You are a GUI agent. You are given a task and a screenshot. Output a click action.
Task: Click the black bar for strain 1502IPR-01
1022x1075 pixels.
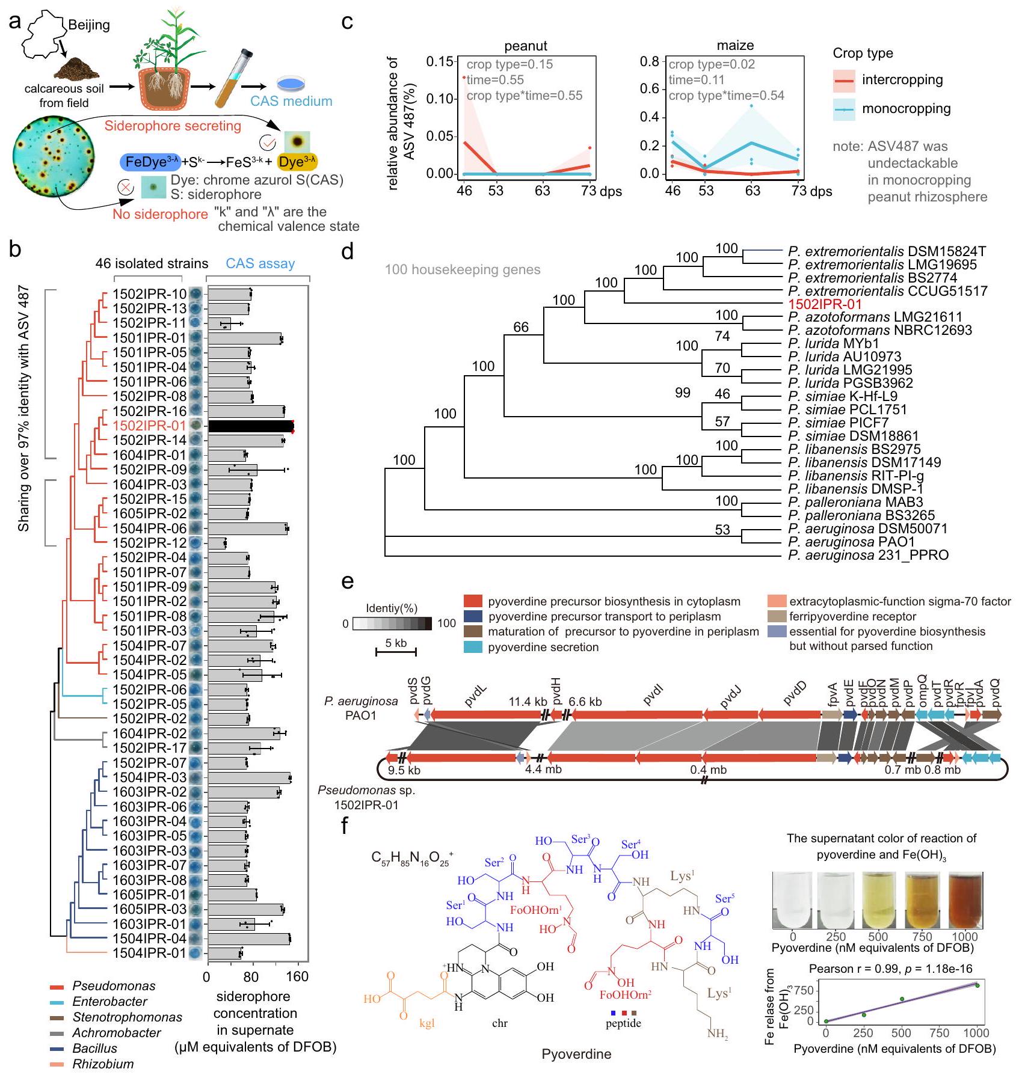tap(250, 426)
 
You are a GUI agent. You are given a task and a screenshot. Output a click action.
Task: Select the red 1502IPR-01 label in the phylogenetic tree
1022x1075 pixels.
tap(825, 304)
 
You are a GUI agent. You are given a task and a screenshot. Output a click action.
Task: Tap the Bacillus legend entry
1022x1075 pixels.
tap(94, 1048)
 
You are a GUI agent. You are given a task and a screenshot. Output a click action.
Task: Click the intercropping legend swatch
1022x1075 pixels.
tap(843, 80)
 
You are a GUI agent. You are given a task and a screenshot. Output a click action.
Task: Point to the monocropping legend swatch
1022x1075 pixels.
tap(843, 109)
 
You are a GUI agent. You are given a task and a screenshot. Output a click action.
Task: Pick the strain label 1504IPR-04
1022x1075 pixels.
tap(149, 939)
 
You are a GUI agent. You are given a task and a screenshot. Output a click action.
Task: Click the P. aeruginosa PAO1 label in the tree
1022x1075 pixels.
tap(851, 542)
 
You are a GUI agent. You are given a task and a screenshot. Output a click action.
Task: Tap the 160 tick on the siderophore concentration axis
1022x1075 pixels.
tap(298, 976)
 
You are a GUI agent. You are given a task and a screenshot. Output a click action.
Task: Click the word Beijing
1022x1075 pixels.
tap(89, 25)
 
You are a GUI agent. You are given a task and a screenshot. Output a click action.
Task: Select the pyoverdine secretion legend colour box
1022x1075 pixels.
tap(473, 647)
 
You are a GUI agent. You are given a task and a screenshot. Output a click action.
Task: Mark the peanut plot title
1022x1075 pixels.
tap(526, 46)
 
